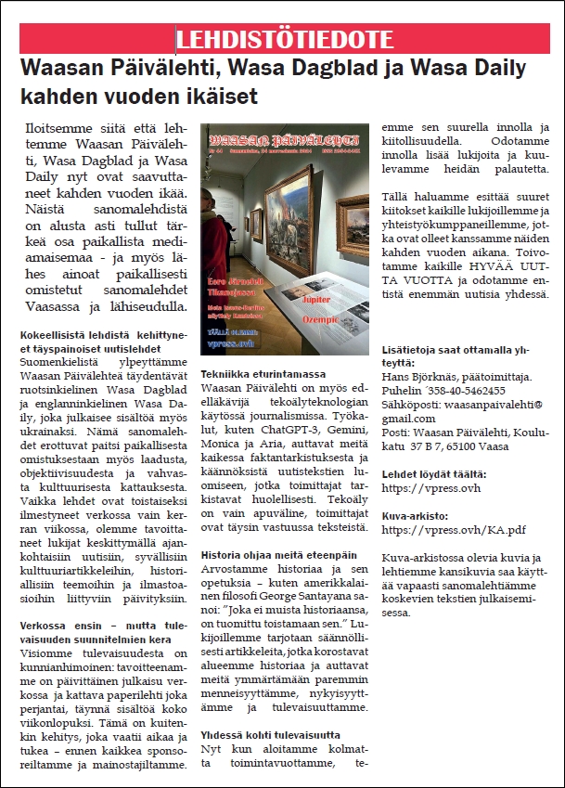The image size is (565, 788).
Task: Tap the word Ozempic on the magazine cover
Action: pos(342,318)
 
